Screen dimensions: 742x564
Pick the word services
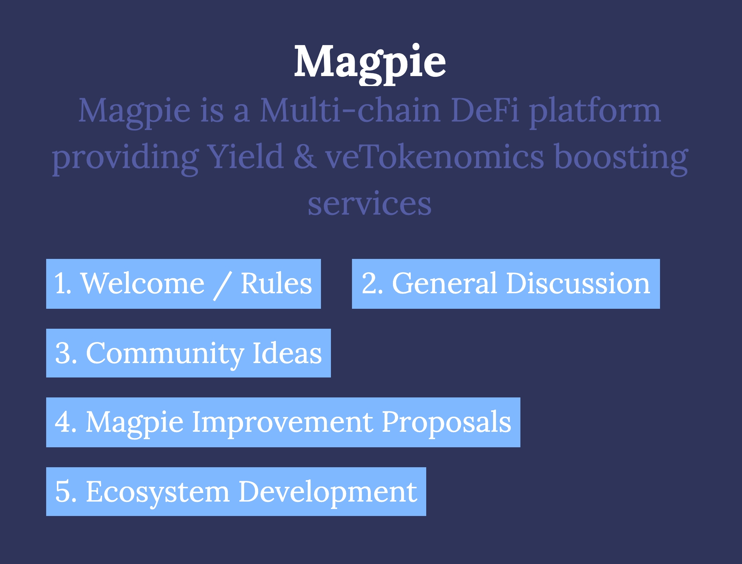pos(370,204)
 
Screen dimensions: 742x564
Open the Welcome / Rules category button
pos(184,284)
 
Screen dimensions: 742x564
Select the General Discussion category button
pos(506,284)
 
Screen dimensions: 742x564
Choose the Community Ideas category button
pos(188,353)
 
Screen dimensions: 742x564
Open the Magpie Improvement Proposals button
pos(283,422)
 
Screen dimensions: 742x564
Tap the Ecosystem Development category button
pos(236,492)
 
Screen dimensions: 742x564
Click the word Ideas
pos(287,353)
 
